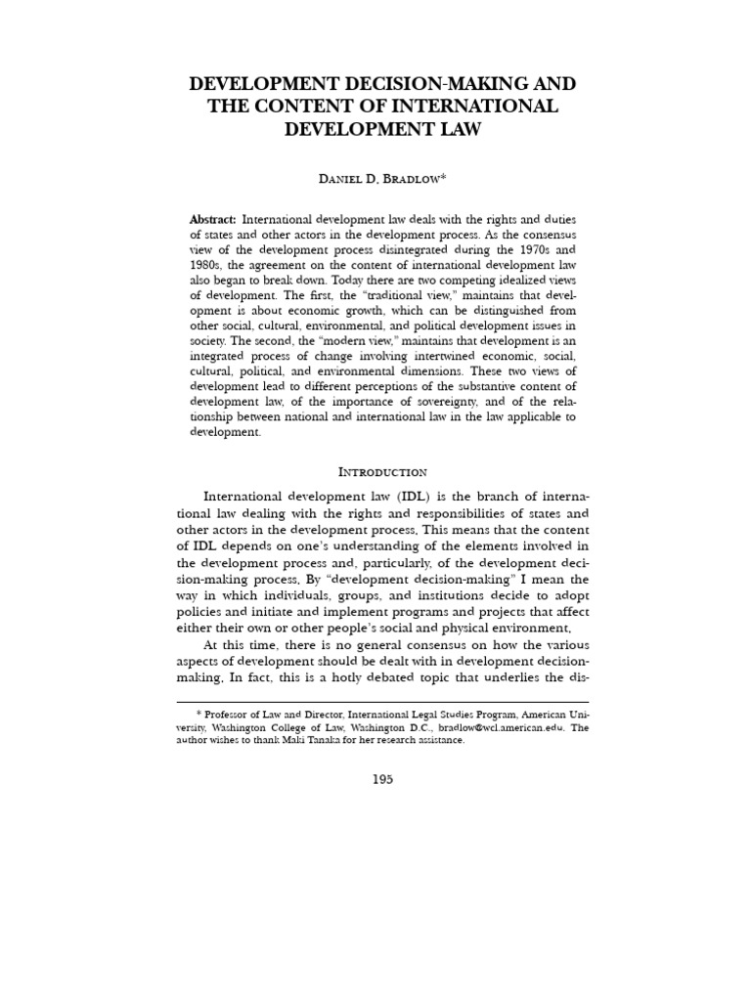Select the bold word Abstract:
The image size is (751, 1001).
(x=213, y=220)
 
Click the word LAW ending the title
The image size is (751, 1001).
(x=456, y=128)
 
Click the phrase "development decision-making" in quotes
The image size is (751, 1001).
(x=366, y=578)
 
